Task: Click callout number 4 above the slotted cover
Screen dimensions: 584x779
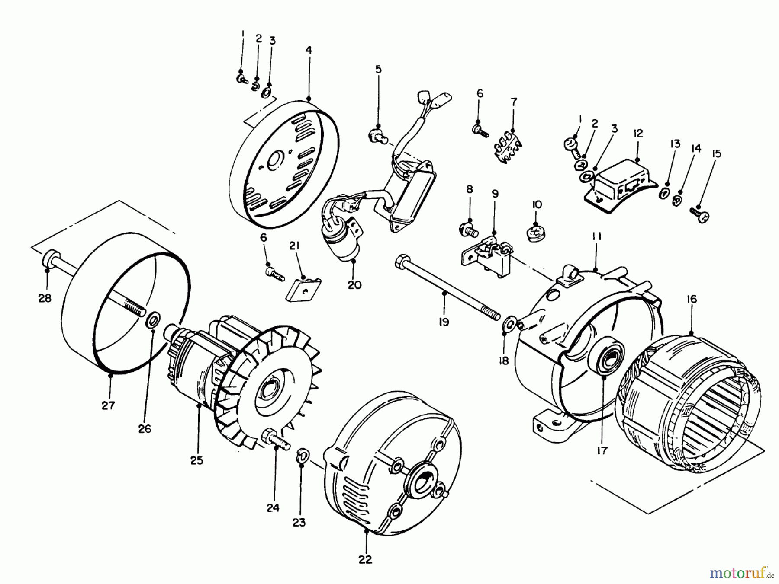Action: pos(308,50)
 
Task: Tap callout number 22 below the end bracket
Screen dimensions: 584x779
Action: pos(365,560)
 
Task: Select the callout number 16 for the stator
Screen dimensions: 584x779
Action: pos(691,299)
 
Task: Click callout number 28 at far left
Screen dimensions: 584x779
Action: pos(45,298)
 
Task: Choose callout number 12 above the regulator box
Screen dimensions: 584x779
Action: pos(638,133)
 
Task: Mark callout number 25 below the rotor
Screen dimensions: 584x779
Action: pos(196,460)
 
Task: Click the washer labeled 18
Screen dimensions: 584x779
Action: pos(509,322)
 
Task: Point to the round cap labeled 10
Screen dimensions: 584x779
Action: pos(537,233)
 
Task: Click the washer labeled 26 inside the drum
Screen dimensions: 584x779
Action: pos(153,321)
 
